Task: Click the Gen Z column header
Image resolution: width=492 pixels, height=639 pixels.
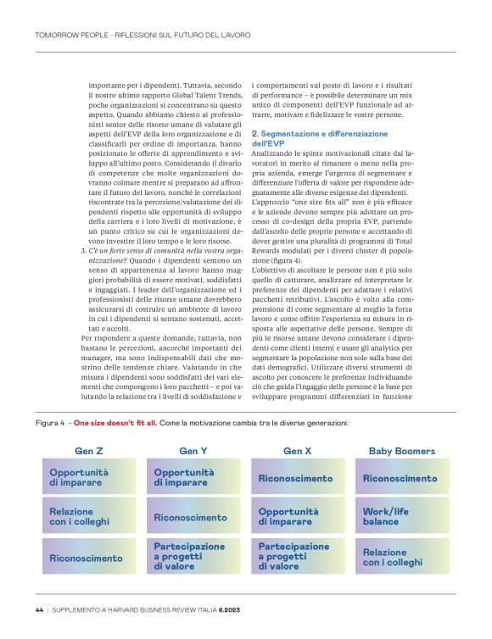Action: [x=89, y=451]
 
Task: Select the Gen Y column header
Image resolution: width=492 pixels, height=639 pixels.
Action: [x=193, y=451]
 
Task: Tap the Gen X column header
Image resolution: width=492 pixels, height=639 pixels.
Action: [x=298, y=451]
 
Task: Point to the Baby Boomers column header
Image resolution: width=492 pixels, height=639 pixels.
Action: [x=402, y=451]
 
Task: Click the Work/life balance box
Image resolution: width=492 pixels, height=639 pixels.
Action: [x=402, y=516]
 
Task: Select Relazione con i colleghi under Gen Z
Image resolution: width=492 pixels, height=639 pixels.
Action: [x=89, y=516]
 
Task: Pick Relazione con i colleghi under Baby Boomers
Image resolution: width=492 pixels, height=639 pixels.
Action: [x=402, y=557]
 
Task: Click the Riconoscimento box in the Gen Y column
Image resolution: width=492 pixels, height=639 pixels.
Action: [x=193, y=517]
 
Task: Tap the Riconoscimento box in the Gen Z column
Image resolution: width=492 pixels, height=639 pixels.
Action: [x=89, y=558]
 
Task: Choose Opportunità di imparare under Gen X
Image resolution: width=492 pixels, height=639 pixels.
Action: [x=298, y=516]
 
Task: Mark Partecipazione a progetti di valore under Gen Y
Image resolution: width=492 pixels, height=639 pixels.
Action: [x=193, y=557]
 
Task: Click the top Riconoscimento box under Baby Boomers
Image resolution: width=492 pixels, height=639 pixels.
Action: [x=402, y=478]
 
